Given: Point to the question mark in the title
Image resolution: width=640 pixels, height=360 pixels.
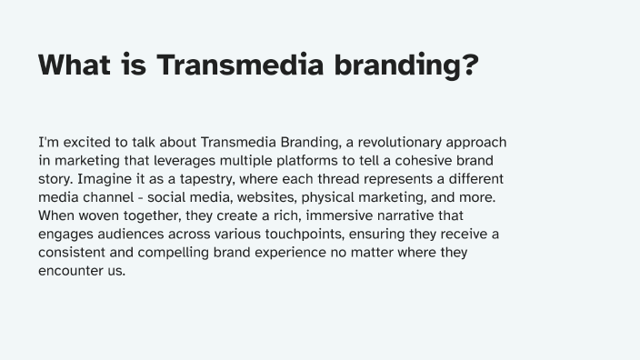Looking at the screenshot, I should [x=467, y=66].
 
